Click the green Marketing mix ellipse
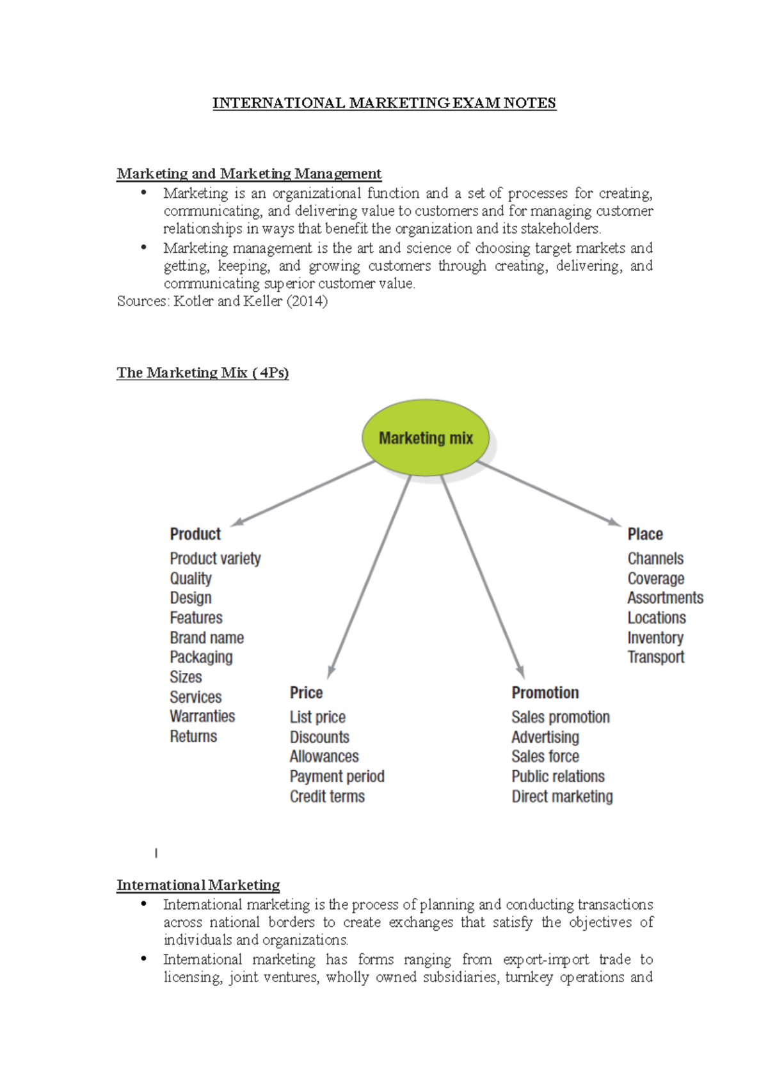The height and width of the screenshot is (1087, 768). [426, 438]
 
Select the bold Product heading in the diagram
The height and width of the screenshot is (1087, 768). [195, 534]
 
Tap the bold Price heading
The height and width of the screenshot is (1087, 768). [306, 693]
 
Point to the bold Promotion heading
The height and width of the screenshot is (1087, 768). [545, 693]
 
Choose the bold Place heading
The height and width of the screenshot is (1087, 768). [645, 534]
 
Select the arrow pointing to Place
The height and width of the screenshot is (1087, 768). [549, 493]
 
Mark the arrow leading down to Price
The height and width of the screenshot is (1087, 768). [369, 576]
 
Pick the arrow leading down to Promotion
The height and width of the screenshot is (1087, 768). [482, 576]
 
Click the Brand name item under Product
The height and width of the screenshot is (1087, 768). [207, 638]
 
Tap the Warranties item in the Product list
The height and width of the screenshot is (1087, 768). [202, 716]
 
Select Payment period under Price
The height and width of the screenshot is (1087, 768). [337, 777]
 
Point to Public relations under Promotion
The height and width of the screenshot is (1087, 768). [558, 777]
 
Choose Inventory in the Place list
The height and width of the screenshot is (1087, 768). [655, 638]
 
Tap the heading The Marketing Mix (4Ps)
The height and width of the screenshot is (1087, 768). [202, 373]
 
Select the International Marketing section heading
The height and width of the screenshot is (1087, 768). [198, 885]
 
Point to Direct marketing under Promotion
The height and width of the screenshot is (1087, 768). [562, 796]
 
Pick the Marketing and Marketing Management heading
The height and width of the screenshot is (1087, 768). [249, 173]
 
